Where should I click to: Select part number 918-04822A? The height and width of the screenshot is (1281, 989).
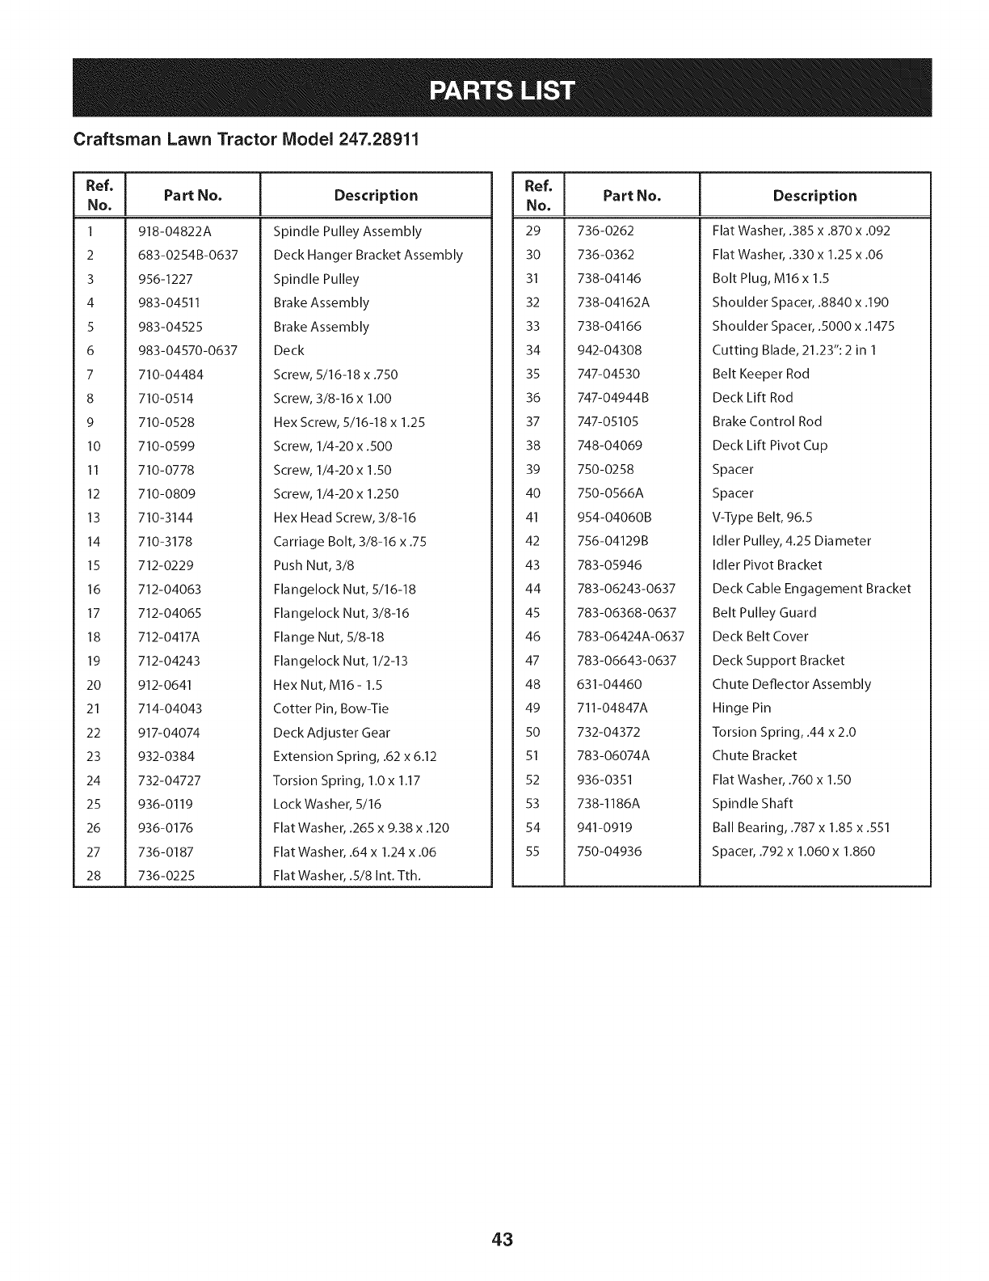[x=175, y=231]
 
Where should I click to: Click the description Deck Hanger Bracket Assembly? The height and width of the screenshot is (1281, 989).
[x=368, y=255]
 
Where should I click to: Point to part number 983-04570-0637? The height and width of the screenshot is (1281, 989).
[x=187, y=350]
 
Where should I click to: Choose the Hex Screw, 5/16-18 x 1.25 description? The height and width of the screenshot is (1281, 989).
[x=349, y=422]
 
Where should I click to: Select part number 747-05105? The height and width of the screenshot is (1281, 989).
[x=608, y=421]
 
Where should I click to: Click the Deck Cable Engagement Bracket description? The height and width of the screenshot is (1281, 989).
[x=811, y=589]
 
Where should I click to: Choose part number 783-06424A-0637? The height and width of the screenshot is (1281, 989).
[x=630, y=636]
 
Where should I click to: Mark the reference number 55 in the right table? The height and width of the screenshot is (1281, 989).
[x=532, y=851]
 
